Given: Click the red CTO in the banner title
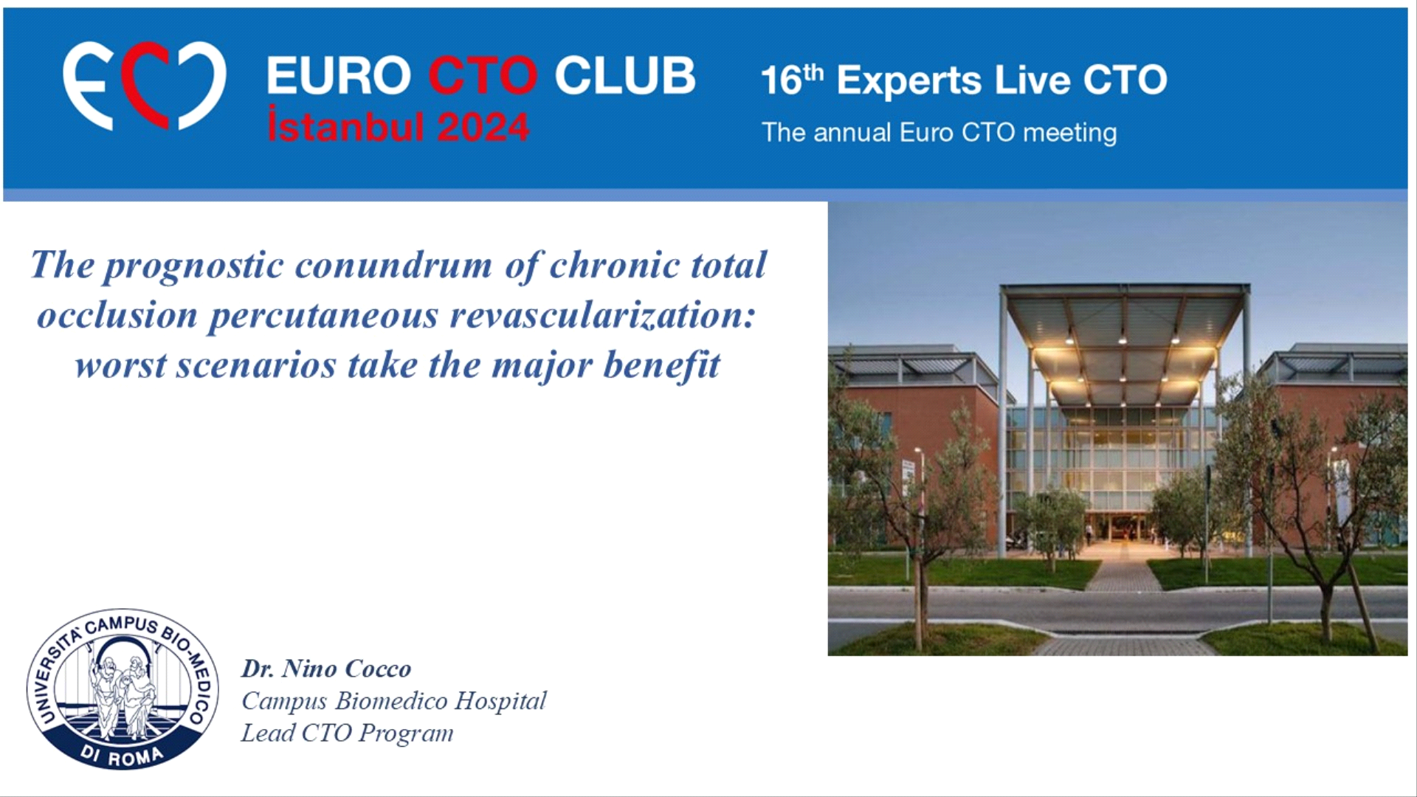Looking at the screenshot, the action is click(483, 75).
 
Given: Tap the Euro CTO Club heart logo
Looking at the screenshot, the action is click(144, 86).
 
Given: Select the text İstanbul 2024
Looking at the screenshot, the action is click(399, 126).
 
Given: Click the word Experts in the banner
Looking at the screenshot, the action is click(909, 81).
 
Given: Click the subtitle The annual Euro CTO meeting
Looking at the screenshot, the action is click(939, 133).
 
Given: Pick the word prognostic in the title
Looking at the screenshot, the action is click(193, 267).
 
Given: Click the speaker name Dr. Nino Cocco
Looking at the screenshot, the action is click(326, 669).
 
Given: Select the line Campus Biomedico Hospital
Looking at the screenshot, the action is click(394, 700).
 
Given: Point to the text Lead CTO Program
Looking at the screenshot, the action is click(347, 733).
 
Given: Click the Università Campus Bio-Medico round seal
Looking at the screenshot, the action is click(123, 689).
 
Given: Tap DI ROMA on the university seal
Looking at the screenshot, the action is click(123, 754).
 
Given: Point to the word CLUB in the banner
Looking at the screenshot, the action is click(624, 75).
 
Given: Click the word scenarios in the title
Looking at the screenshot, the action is click(256, 365).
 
